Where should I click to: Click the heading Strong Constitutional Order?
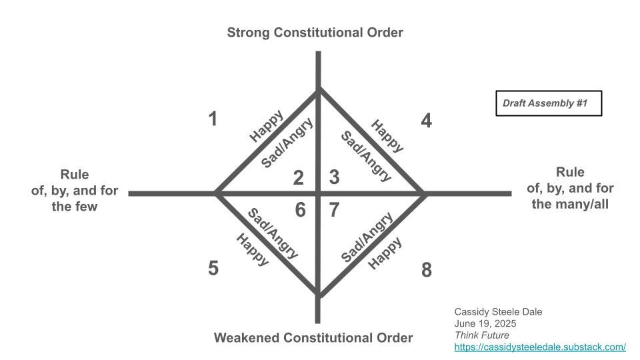[315, 32]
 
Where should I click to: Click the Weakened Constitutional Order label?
[313, 337]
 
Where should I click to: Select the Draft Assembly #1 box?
[549, 103]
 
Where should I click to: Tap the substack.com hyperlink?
[539, 347]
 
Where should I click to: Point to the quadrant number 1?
[213, 119]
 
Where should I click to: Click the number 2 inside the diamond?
[299, 177]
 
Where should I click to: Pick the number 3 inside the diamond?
[335, 177]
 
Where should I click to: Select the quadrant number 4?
[427, 121]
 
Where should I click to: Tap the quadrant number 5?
[213, 269]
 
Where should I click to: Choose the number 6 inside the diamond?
[300, 210]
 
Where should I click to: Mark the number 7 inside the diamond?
[335, 210]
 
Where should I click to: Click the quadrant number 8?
[427, 270]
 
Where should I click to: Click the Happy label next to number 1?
[266, 125]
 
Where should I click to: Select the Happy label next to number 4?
[387, 135]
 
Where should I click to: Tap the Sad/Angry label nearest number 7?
[366, 237]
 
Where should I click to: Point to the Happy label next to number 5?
[253, 250]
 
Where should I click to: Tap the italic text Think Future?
[481, 335]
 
